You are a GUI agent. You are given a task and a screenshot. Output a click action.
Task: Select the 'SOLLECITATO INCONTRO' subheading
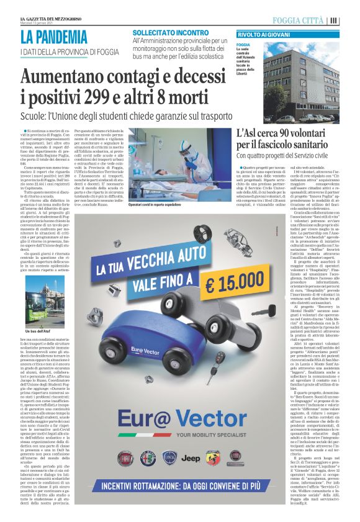tap(166, 32)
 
